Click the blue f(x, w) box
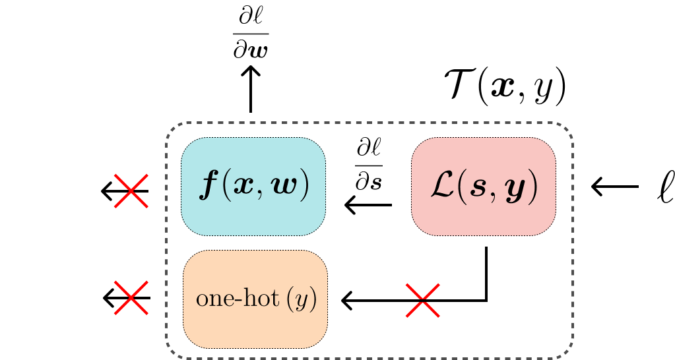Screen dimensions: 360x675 (253, 187)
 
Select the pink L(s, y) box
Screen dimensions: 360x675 (483, 187)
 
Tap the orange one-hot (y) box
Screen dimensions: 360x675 (255, 299)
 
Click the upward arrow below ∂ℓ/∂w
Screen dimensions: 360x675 (250, 90)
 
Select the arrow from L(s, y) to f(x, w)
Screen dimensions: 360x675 (368, 206)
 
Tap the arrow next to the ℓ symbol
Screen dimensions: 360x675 (614, 187)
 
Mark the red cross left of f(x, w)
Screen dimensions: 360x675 (131, 191)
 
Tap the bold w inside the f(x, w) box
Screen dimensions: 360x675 (285, 188)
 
